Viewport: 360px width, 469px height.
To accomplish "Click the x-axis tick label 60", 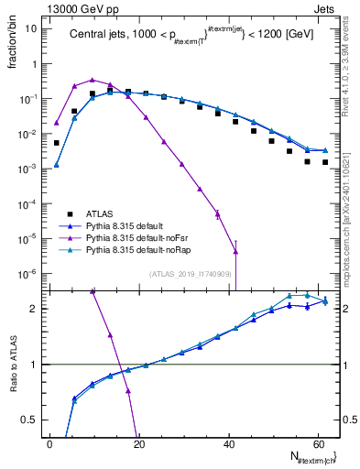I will pyautogui.click(x=317, y=444).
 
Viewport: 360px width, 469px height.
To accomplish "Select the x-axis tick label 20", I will pyautogui.click(x=138, y=444).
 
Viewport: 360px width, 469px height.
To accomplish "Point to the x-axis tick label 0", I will pyautogui.click(x=49, y=444).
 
